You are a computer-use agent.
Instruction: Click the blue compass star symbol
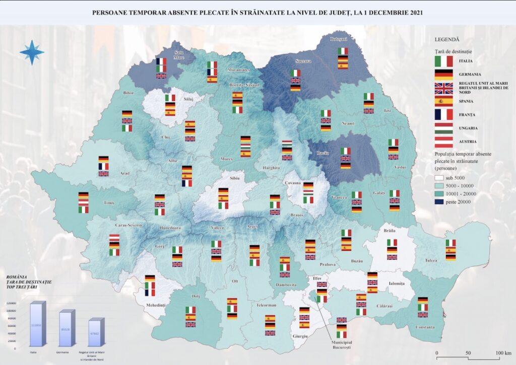click(x=32, y=52)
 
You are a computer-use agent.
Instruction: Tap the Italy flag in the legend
click(x=443, y=61)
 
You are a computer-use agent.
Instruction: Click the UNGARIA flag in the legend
click(x=443, y=128)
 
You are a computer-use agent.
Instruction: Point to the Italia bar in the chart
click(x=37, y=325)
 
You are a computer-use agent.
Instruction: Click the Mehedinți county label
click(x=156, y=306)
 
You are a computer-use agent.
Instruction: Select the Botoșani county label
click(x=339, y=39)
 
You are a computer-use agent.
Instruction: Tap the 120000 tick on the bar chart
click(x=11, y=303)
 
